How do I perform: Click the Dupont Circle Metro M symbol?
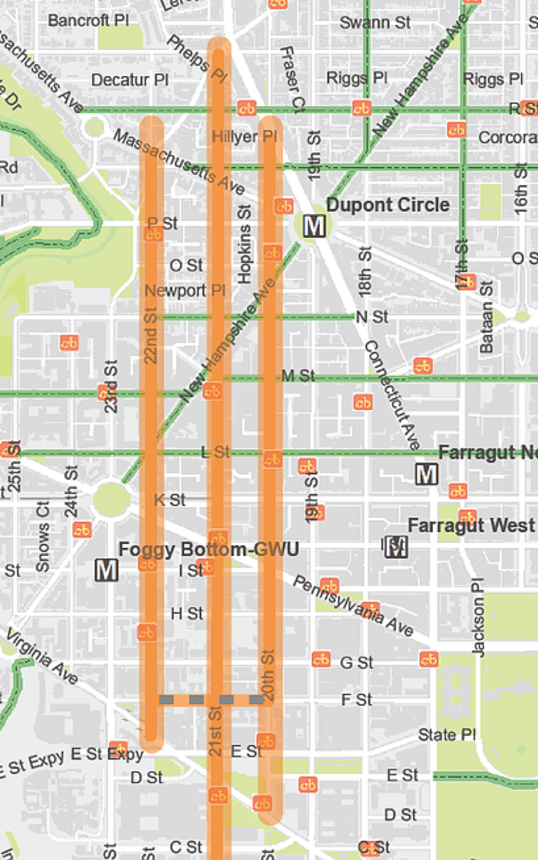(x=314, y=226)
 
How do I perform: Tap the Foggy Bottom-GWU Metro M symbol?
(x=106, y=570)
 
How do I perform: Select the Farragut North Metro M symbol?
(x=426, y=474)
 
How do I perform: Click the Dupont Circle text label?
(x=388, y=205)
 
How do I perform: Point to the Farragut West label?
(x=471, y=525)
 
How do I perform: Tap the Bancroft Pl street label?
(x=88, y=21)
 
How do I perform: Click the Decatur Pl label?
(x=130, y=80)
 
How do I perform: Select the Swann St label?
(x=375, y=22)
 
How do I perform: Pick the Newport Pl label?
(x=185, y=290)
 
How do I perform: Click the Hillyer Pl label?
(x=244, y=136)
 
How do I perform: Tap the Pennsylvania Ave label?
(x=352, y=606)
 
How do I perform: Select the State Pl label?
(x=447, y=735)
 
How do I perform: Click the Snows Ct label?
(x=43, y=536)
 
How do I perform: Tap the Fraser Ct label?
(x=292, y=79)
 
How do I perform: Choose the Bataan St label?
(x=486, y=317)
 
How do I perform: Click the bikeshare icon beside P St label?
(x=153, y=234)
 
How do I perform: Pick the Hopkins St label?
(x=244, y=245)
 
